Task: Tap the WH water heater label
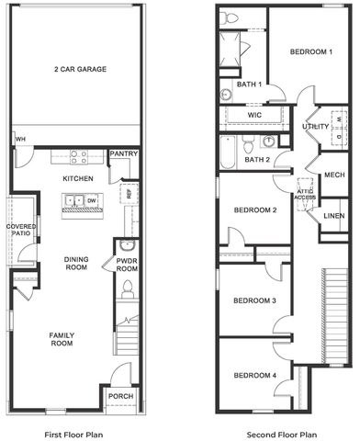tap(19, 140)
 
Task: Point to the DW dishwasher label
tap(91, 199)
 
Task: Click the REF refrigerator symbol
tap(128, 195)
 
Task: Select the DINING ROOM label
tap(76, 264)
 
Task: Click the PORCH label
tap(120, 397)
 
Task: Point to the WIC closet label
tap(254, 116)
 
